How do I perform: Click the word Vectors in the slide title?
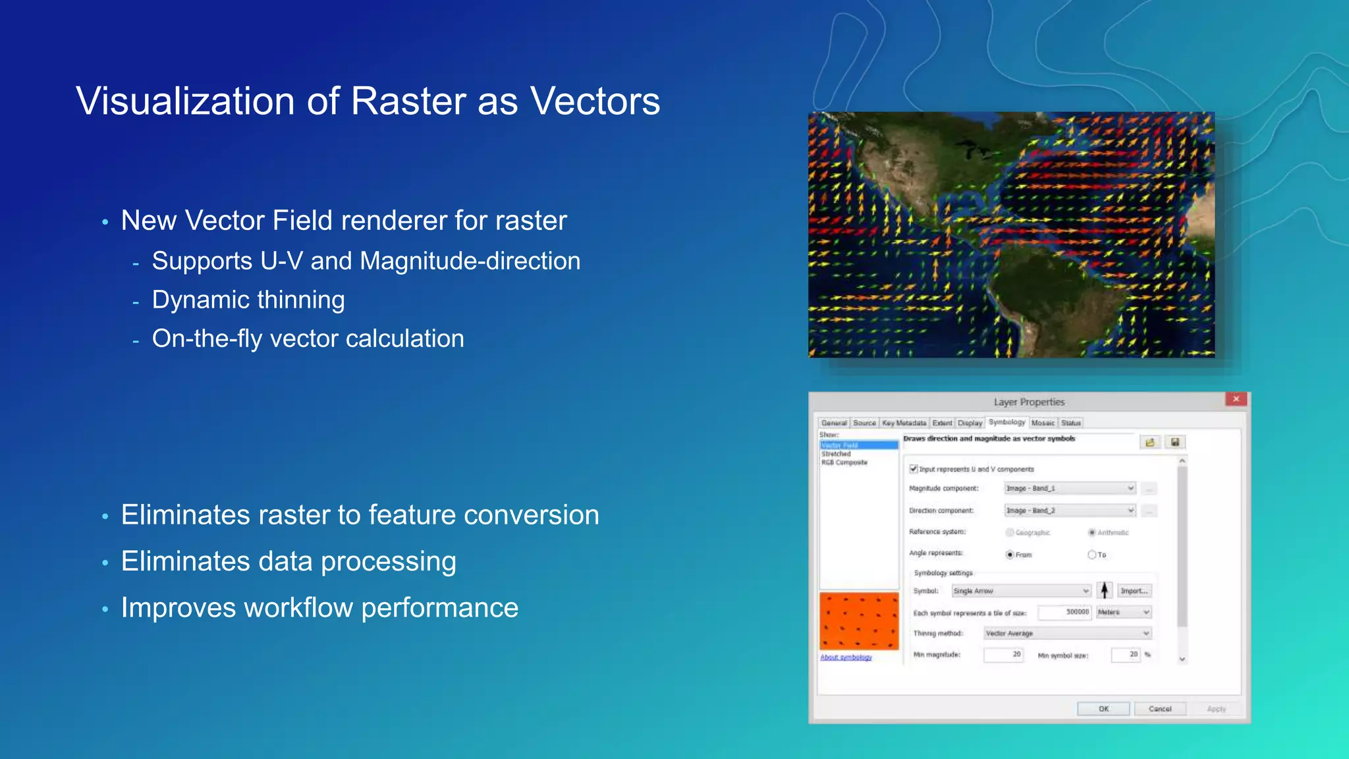pyautogui.click(x=595, y=101)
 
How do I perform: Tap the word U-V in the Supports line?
pyautogui.click(x=281, y=262)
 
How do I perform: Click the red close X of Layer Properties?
pyautogui.click(x=1236, y=399)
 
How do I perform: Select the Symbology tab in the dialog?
pyautogui.click(x=1006, y=422)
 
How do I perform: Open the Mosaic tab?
pyautogui.click(x=1043, y=423)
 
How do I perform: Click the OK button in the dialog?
pyautogui.click(x=1103, y=709)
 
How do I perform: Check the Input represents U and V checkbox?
pyautogui.click(x=914, y=469)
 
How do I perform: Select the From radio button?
pyautogui.click(x=1010, y=555)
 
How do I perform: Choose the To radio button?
pyautogui.click(x=1091, y=555)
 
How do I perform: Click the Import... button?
pyautogui.click(x=1134, y=591)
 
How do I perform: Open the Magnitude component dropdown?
pyautogui.click(x=1070, y=488)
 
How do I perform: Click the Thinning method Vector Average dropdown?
pyautogui.click(x=1067, y=633)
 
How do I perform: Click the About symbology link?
pyautogui.click(x=846, y=658)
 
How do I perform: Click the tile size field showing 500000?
pyautogui.click(x=1065, y=612)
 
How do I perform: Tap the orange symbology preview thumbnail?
pyautogui.click(x=859, y=621)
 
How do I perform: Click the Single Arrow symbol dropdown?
pyautogui.click(x=1020, y=591)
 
